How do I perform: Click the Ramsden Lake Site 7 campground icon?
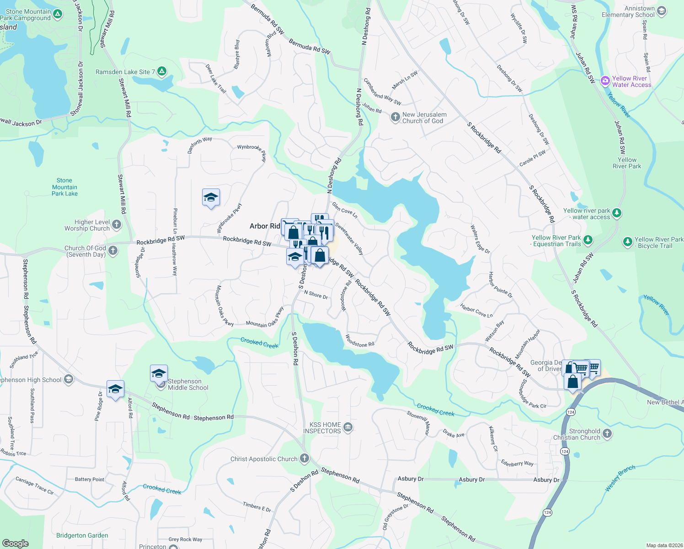point(161,71)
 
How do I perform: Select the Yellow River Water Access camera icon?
point(605,81)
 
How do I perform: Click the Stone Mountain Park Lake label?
point(64,187)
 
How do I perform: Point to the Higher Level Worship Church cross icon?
point(117,224)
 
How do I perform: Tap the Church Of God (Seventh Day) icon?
point(113,251)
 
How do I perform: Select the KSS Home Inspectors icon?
point(347,427)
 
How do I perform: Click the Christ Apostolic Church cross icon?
point(305,458)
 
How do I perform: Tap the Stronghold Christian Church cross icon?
point(607,433)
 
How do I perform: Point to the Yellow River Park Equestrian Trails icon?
point(588,240)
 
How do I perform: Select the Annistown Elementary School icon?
point(661,11)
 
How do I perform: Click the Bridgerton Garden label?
point(82,535)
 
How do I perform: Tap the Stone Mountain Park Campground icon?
point(58,14)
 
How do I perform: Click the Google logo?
point(15,543)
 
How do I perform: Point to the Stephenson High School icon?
point(69,379)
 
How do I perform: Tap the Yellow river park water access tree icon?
point(617,213)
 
